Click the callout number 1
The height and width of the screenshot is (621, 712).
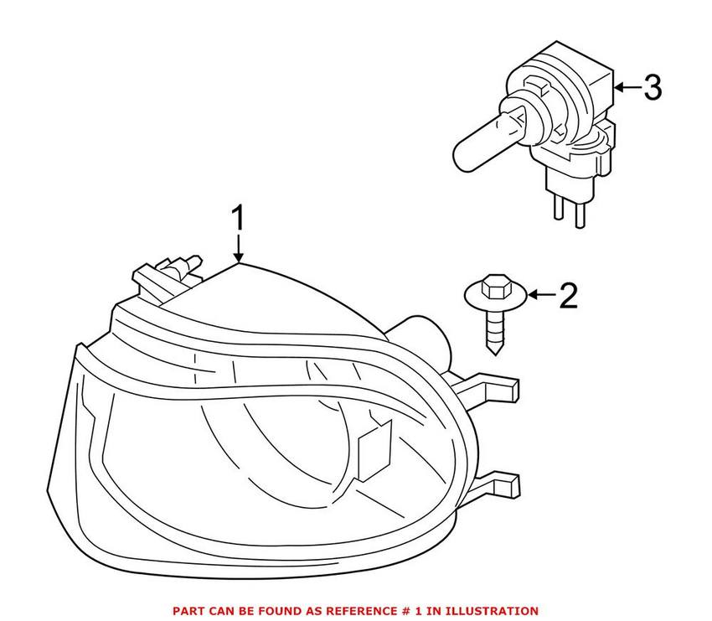(239, 220)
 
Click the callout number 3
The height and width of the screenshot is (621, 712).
(652, 86)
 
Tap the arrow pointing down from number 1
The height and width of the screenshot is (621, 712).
(239, 250)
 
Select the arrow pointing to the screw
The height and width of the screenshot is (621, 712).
(541, 295)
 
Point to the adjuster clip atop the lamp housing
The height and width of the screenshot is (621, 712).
(168, 272)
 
